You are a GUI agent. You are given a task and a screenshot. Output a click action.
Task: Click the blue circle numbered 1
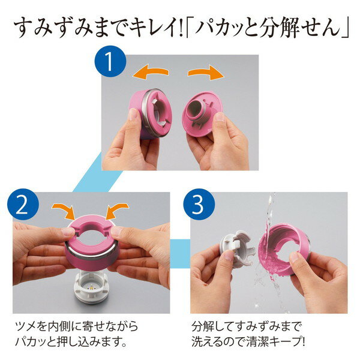(110, 61)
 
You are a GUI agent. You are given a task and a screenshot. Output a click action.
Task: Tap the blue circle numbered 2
(23, 205)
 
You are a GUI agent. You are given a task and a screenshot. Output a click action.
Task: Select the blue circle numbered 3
(199, 205)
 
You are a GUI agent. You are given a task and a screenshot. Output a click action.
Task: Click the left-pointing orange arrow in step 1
(151, 71)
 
